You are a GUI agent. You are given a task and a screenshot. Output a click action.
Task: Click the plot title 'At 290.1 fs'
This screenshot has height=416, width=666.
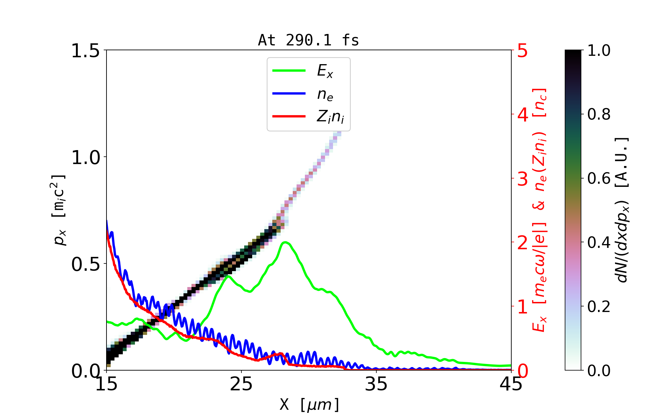pos(308,40)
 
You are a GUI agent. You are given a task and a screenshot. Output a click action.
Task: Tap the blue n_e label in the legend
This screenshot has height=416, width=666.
pos(325,94)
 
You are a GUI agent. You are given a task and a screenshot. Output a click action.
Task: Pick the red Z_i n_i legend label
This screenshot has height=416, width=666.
pos(330,116)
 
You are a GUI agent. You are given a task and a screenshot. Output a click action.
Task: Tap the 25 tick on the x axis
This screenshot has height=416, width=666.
pos(241,384)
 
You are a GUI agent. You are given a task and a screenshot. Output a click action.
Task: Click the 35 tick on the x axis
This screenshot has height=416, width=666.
pos(376,384)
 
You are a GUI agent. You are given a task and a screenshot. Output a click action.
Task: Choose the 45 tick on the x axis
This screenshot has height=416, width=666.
pos(511,384)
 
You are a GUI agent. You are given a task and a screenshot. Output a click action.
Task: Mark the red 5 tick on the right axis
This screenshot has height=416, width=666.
pos(522,51)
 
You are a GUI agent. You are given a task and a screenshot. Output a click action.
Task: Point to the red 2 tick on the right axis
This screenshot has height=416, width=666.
pos(522,243)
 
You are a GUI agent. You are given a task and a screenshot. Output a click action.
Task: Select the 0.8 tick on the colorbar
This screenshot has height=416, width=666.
pos(599,114)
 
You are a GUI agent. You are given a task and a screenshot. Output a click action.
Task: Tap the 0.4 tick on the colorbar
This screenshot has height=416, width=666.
pos(599,242)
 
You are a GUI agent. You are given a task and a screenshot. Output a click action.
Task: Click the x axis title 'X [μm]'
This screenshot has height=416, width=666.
pos(309,404)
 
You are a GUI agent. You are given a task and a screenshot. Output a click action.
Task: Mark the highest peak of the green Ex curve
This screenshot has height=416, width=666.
pos(285,242)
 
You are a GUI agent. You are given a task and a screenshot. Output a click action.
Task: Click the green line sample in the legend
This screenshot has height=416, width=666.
pos(289,71)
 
